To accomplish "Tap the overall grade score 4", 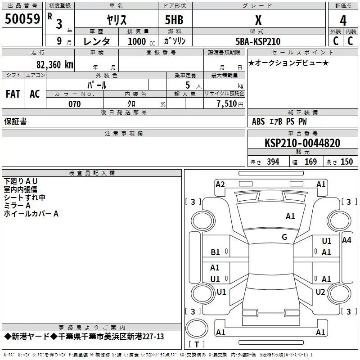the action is pos(343,20).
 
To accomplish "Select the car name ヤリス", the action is pos(116,20).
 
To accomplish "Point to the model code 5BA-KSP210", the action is pos(258,41).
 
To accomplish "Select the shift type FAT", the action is pos(13,94).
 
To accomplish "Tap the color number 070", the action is pos(74,104).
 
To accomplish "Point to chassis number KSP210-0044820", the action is pos(302,143).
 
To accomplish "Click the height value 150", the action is pos(346,162).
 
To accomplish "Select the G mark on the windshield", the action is pos(284,237).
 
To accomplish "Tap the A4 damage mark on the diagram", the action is pos(346,240).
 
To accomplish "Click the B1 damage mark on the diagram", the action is pos(216,252).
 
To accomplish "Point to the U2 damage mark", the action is pos(320,292).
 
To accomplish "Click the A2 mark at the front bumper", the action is pos(220,184).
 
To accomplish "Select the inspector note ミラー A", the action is pos(17,205).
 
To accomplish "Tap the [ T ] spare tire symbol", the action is pos(196,345).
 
